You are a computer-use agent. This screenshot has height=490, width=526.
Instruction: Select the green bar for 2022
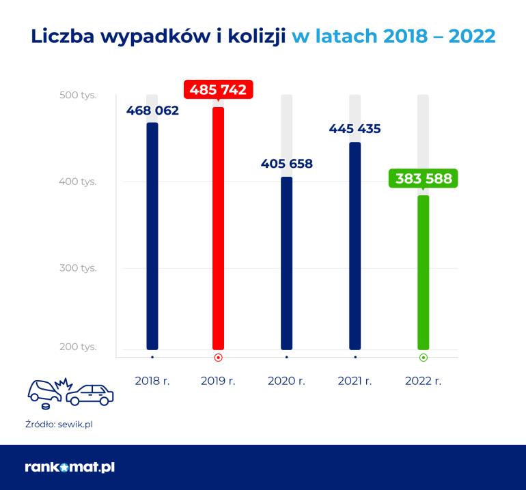(423, 272)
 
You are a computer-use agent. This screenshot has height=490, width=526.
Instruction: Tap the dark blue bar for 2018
(152, 235)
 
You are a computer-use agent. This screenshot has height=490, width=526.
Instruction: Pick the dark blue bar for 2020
(286, 263)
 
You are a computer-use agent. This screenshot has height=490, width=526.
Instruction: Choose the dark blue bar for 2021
(355, 246)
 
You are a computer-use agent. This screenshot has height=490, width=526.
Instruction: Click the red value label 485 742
(218, 89)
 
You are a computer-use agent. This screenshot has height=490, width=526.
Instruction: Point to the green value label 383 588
(424, 179)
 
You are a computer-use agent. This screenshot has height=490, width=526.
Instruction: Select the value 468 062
(152, 110)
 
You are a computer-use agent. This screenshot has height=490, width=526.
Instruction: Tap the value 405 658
(287, 164)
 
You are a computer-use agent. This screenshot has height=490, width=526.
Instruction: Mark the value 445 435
(355, 128)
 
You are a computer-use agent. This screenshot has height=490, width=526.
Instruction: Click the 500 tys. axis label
(78, 95)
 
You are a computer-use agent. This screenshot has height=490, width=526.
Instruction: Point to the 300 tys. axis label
(78, 268)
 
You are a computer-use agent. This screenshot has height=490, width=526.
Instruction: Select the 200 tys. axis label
(78, 347)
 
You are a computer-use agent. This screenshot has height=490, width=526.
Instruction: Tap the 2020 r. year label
(287, 381)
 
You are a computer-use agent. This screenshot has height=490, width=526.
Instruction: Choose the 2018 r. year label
(152, 381)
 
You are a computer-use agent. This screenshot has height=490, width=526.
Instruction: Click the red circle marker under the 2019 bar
(218, 357)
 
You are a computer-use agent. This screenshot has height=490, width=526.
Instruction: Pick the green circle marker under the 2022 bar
(423, 357)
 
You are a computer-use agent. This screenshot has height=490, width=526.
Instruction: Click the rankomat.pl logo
(70, 467)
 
